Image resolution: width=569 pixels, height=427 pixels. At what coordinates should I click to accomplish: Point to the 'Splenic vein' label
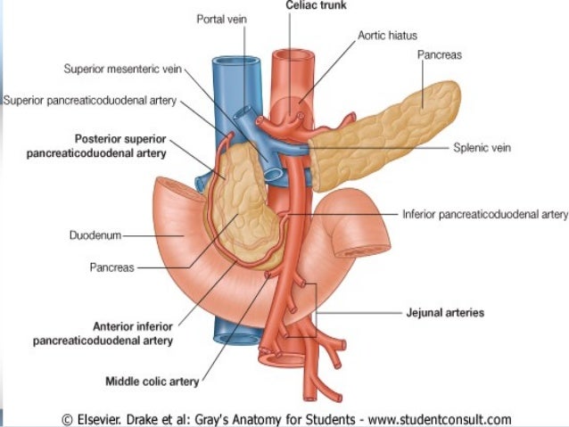click(482, 149)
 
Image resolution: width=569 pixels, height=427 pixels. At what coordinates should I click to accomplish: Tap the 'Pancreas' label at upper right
click(440, 55)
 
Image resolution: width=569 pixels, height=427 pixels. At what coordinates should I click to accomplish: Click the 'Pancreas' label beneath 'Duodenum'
click(111, 267)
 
